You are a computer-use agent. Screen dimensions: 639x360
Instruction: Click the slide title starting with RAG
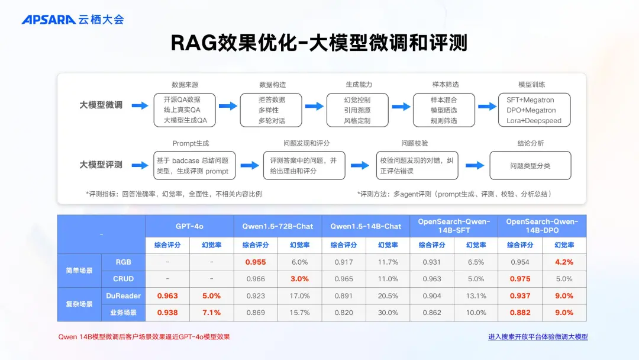click(319, 43)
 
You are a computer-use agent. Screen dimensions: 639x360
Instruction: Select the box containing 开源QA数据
click(185, 110)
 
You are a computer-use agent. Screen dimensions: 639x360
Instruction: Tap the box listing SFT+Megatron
click(534, 110)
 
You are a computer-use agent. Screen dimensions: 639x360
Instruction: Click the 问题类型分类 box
click(530, 166)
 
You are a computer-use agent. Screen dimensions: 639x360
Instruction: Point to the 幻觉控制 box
click(357, 110)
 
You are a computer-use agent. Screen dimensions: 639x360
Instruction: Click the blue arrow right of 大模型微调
click(140, 106)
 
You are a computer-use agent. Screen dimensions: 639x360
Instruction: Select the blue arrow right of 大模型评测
click(140, 165)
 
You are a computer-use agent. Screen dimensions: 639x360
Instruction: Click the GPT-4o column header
click(189, 226)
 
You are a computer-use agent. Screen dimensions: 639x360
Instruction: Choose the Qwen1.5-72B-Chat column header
click(277, 226)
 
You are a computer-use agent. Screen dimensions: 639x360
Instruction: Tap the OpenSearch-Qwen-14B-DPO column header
click(542, 226)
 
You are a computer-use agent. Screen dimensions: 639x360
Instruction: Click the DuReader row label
click(123, 295)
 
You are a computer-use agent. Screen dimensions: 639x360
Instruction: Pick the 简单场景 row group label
click(79, 271)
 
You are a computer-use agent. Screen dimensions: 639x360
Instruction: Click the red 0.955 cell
click(256, 262)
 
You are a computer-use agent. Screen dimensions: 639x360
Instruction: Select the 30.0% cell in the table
click(388, 313)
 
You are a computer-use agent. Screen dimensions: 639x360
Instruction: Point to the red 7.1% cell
click(211, 313)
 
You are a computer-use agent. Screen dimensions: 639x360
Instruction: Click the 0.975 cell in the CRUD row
click(520, 279)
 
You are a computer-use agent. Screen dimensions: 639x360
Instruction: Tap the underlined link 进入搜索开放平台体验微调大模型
click(538, 337)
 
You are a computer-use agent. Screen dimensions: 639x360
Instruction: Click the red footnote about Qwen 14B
click(144, 337)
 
